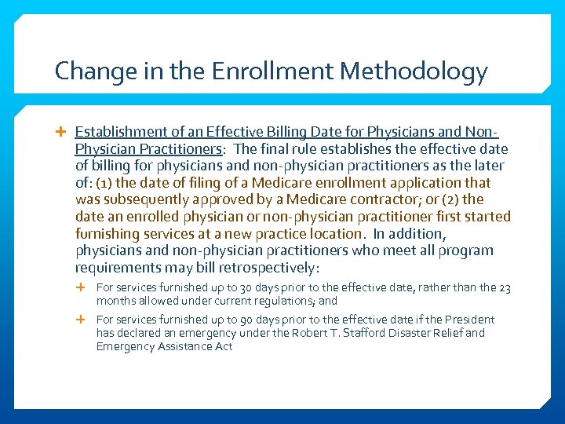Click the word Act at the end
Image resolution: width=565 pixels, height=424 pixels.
coord(223,346)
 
